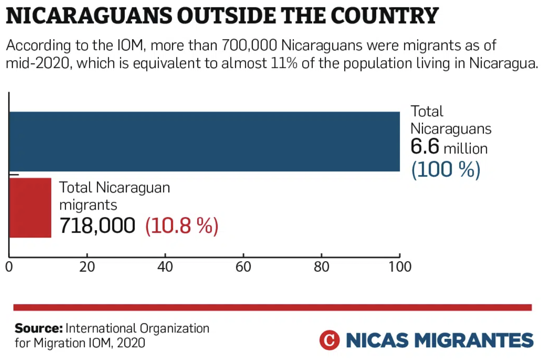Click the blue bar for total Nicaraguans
pyautogui.click(x=204, y=141)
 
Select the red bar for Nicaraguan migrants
pyautogui.click(x=30, y=208)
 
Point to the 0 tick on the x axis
pyautogui.click(x=9, y=267)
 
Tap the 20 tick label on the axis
pyautogui.click(x=87, y=267)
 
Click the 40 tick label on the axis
pyautogui.click(x=165, y=267)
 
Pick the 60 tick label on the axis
pyautogui.click(x=243, y=267)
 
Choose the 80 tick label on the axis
pyautogui.click(x=322, y=267)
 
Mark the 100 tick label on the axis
pyautogui.click(x=399, y=267)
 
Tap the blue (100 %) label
pyautogui.click(x=445, y=170)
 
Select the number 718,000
pyautogui.click(x=97, y=226)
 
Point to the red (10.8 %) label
pyautogui.click(x=181, y=226)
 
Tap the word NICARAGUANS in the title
pyautogui.click(x=72, y=16)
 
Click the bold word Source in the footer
pyautogui.click(x=38, y=328)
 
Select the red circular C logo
pyautogui.click(x=329, y=340)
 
